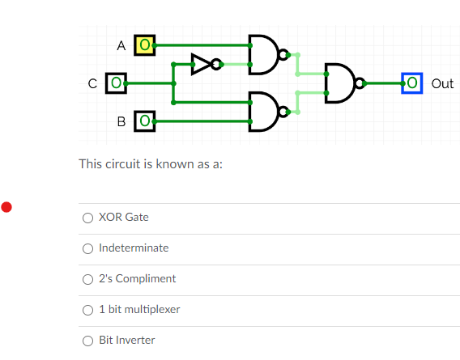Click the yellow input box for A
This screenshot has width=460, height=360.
[145, 45]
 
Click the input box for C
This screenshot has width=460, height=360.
[117, 83]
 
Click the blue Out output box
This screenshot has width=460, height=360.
[412, 83]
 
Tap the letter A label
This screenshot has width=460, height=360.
[121, 46]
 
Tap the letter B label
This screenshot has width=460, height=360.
[121, 122]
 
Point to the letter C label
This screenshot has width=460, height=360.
[93, 83]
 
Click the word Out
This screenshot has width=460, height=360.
[443, 83]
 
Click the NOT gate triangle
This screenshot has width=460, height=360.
[200, 64]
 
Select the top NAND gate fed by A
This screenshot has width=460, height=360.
[262, 54]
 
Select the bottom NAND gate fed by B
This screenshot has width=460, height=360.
[262, 112]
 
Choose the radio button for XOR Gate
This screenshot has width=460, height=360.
[87, 218]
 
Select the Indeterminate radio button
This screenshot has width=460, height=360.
[87, 248]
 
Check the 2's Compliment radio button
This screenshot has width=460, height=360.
[87, 279]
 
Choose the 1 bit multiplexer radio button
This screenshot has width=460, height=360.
[87, 310]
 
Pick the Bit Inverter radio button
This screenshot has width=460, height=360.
[87, 341]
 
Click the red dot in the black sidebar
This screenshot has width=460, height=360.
[6, 207]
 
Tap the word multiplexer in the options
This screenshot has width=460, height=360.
[153, 310]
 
